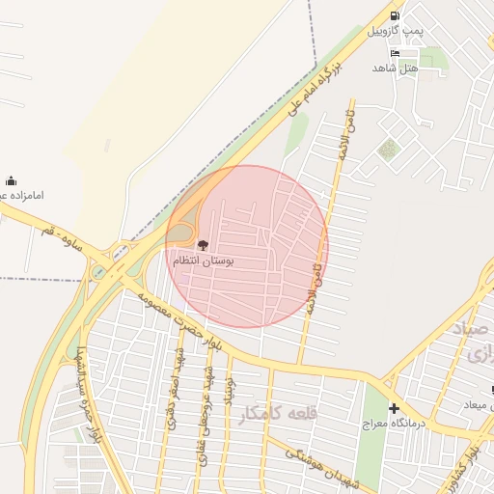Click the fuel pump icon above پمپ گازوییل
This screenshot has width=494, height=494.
[395, 16]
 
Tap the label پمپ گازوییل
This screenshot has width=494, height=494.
[395, 32]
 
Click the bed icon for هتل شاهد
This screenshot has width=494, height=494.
[395, 53]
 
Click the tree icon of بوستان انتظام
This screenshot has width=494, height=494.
[202, 245]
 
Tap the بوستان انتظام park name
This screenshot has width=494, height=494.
[204, 261]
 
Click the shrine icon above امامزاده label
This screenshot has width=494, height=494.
[11, 180]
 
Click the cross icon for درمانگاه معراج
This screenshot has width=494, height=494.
[394, 408]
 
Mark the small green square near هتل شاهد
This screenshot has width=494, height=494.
[388, 149]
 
